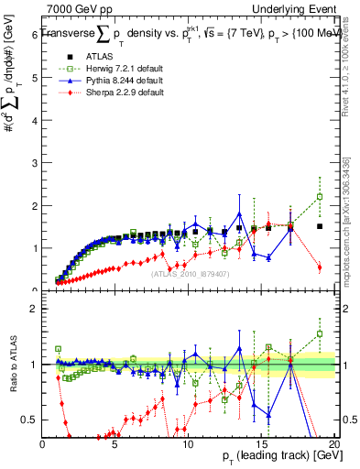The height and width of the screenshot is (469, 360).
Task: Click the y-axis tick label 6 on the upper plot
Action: [34, 35]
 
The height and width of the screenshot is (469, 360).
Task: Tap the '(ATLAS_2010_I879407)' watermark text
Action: [189, 273]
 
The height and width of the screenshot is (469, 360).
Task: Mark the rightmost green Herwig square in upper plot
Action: [320, 196]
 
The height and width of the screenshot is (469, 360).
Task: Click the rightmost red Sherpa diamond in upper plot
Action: [320, 267]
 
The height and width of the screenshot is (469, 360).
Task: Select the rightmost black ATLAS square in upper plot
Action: [320, 226]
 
